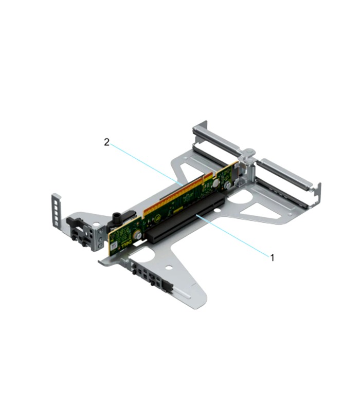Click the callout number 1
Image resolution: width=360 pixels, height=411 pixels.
pyautogui.click(x=272, y=257)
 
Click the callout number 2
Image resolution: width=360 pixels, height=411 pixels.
pyautogui.click(x=107, y=142)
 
